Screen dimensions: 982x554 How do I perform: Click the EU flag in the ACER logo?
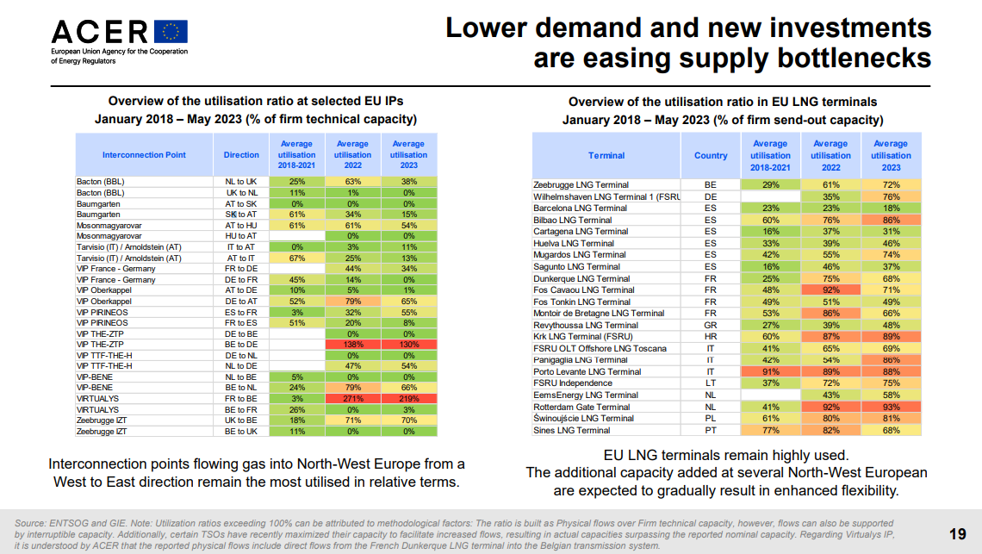click(x=171, y=32)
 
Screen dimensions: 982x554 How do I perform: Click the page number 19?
click(x=958, y=534)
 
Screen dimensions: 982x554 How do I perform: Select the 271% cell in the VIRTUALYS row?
click(x=352, y=399)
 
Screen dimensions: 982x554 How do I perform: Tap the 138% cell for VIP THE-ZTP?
click(x=352, y=345)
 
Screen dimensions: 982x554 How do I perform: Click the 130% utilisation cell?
click(x=409, y=345)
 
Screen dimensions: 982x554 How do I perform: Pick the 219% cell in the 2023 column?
click(x=409, y=399)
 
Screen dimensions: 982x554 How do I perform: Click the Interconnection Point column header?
click(x=144, y=155)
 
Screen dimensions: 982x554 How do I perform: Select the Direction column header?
click(x=241, y=155)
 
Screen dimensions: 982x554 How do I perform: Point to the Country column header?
click(x=711, y=155)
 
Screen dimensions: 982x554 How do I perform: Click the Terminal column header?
click(x=606, y=155)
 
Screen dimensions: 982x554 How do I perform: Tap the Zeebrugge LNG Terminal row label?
click(x=581, y=185)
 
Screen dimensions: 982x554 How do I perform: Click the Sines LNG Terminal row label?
click(x=572, y=431)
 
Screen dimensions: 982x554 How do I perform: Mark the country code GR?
click(x=710, y=326)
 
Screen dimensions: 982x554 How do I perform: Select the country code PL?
click(x=710, y=419)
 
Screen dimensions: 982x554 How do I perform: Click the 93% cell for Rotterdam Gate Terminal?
click(x=892, y=407)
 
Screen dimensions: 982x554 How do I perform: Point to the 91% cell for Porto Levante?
click(x=770, y=371)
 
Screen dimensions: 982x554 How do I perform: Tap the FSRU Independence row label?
click(x=573, y=383)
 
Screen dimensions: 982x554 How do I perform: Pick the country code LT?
click(x=710, y=383)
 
